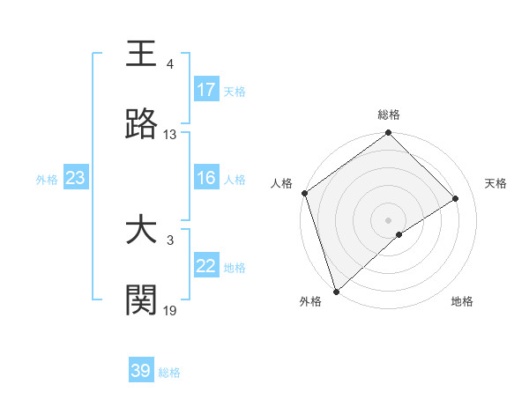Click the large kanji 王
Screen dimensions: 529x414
[142, 55]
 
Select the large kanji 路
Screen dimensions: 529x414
[142, 124]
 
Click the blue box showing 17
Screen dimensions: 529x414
[206, 90]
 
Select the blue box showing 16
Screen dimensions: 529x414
[206, 179]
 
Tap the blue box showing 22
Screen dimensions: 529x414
[206, 267]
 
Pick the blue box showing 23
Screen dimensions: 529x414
[76, 179]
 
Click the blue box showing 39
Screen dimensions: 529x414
[141, 371]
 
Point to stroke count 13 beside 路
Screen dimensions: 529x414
[170, 135]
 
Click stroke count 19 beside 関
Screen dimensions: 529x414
[170, 310]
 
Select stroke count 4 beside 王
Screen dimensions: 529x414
[170, 64]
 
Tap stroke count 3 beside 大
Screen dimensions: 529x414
[170, 240]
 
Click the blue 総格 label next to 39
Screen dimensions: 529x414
[169, 373]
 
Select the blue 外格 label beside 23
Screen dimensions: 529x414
[47, 180]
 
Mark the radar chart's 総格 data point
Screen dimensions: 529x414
[388, 134]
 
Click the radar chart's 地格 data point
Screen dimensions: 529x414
[399, 234]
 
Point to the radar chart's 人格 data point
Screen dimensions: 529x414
[304, 193]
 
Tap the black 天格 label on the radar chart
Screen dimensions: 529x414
[496, 183]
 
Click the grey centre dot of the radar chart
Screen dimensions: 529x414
[388, 219]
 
